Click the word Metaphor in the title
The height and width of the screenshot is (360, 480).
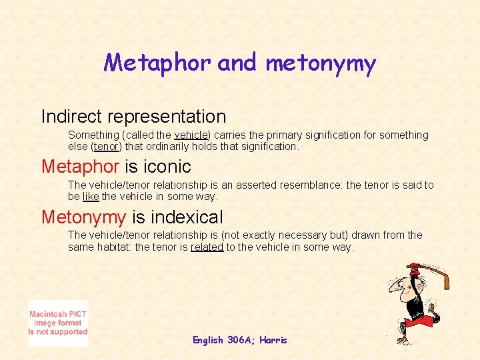pyautogui.click(x=158, y=63)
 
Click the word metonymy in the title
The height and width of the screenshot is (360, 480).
pyautogui.click(x=321, y=63)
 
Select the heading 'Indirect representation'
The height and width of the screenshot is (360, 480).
pyautogui.click(x=133, y=116)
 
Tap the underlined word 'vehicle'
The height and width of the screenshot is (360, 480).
pyautogui.click(x=190, y=135)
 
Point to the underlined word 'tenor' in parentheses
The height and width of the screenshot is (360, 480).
pyautogui.click(x=107, y=146)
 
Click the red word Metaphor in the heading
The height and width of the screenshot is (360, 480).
pyautogui.click(x=80, y=166)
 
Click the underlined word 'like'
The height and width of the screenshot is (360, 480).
pyautogui.click(x=91, y=197)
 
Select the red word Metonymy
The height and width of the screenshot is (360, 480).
pyautogui.click(x=83, y=217)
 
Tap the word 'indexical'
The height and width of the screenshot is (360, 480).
pyautogui.click(x=187, y=217)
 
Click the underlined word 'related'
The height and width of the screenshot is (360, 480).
pyautogui.click(x=207, y=247)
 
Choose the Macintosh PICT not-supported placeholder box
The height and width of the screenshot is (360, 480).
pyautogui.click(x=58, y=323)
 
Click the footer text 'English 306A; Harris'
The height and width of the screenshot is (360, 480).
pyautogui.click(x=239, y=340)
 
